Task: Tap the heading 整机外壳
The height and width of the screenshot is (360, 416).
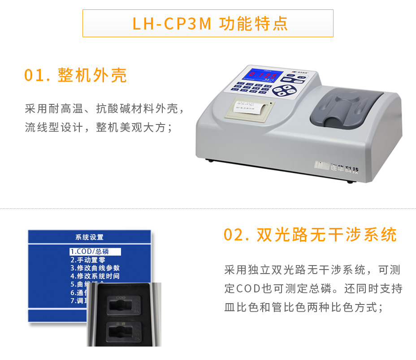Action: click(x=92, y=75)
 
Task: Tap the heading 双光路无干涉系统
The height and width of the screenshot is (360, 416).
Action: click(x=327, y=235)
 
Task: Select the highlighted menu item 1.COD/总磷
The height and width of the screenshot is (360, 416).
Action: click(x=95, y=252)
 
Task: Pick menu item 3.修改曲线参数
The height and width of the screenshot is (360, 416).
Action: click(x=95, y=268)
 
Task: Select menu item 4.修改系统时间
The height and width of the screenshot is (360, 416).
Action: click(x=95, y=276)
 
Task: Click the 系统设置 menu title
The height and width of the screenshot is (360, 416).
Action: click(x=89, y=237)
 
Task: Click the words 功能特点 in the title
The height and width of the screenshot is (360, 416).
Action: click(x=253, y=23)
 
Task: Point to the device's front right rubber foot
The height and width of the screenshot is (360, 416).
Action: click(x=350, y=182)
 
